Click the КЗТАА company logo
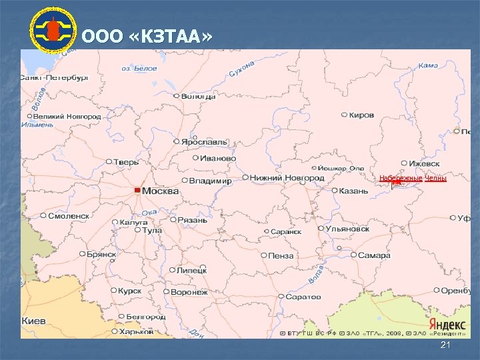pyautogui.click(x=53, y=30)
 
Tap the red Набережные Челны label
pyautogui.click(x=413, y=178)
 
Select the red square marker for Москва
pyautogui.click(x=137, y=191)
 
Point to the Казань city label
pyautogui.click(x=353, y=191)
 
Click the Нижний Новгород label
pyautogui.click(x=287, y=178)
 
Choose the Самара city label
pyautogui.click(x=373, y=255)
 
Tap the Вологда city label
pyautogui.click(x=198, y=96)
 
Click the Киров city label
pyautogui.click(x=361, y=115)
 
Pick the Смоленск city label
pyautogui.click(x=69, y=216)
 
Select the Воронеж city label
pyautogui.click(x=189, y=292)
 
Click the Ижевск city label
pyautogui.click(x=425, y=163)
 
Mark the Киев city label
pyautogui.click(x=34, y=321)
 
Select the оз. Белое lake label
pyautogui.click(x=139, y=68)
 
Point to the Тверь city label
pyautogui.click(x=126, y=162)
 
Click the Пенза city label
pyautogui.click(x=281, y=255)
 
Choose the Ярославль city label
pyautogui.click(x=205, y=142)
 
